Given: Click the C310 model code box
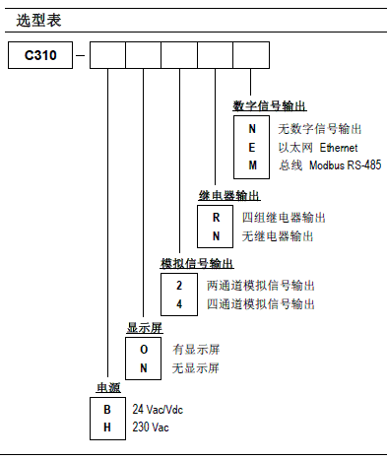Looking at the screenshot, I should coord(41,56).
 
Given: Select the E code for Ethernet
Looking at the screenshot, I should coord(252,147).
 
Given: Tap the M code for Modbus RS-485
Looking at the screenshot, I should coord(252,164).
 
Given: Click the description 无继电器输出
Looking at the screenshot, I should coord(278,236).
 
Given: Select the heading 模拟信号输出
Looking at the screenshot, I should coord(197,263).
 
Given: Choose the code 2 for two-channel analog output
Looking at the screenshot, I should coord(178,285).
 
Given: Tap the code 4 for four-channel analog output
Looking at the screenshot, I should coord(178,302).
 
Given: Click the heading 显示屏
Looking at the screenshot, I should coord(143,327).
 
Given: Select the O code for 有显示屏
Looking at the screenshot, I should coord(142,350).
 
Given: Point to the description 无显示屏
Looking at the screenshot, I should coord(194,367).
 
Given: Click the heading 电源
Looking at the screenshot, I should coord(106,386).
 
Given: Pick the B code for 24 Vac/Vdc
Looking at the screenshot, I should coord(107,409).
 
